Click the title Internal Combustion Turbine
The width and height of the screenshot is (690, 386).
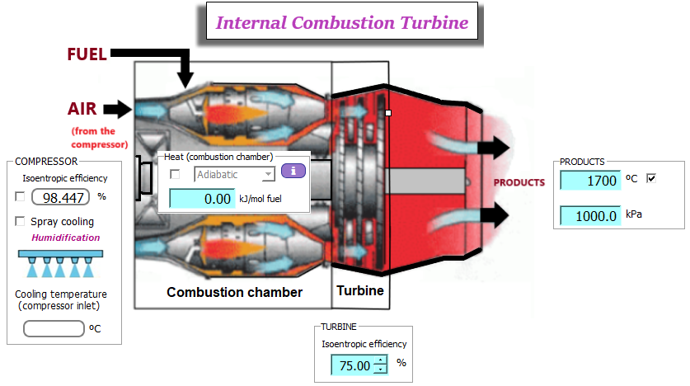341,23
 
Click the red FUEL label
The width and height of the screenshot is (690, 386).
87,54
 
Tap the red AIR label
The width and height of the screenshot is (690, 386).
83,109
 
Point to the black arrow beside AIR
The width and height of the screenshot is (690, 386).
119,108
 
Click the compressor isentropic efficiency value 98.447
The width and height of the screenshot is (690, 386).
62,197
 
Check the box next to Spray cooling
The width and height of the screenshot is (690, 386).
20,221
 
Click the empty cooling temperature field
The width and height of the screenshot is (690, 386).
54,328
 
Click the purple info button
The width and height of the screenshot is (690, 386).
293,172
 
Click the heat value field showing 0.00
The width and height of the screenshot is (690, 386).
204,198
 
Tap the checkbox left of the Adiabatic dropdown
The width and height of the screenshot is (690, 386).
175,174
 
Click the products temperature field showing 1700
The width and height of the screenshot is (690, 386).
589,180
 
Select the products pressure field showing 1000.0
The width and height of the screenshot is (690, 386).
589,215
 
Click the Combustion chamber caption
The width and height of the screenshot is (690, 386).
234,292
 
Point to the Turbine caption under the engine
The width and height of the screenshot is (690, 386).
359,290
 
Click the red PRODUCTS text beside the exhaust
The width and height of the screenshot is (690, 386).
519,182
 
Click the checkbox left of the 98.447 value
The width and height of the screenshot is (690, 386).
20,196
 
